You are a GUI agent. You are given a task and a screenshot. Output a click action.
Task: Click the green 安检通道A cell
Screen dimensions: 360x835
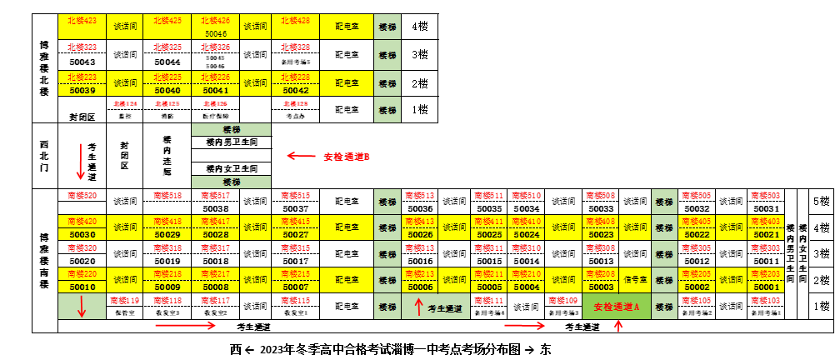click(x=617, y=306)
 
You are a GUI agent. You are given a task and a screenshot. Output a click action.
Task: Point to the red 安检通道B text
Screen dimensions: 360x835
click(x=347, y=157)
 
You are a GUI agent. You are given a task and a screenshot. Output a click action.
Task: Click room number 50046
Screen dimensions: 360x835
click(x=215, y=33)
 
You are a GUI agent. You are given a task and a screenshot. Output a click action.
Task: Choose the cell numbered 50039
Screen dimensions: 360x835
click(x=82, y=90)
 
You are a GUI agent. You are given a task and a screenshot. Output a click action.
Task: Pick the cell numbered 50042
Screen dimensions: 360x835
click(x=296, y=90)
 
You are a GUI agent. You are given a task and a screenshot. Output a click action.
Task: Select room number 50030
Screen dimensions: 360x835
click(x=82, y=234)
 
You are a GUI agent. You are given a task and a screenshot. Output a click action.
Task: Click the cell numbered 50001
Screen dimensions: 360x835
click(x=766, y=287)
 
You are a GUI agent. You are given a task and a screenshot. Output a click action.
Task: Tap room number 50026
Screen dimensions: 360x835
click(x=420, y=234)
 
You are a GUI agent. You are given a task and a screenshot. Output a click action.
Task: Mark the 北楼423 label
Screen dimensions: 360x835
click(x=82, y=20)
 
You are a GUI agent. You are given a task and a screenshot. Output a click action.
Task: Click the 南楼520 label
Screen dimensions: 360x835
click(x=82, y=196)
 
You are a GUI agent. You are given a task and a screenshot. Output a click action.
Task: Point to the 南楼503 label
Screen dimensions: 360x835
click(x=766, y=196)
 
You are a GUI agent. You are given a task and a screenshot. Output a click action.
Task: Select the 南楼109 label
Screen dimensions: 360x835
click(x=564, y=300)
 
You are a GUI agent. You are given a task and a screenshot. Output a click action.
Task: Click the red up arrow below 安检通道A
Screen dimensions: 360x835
click(x=618, y=326)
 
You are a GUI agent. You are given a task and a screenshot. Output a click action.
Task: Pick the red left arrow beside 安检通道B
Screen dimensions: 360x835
click(x=301, y=156)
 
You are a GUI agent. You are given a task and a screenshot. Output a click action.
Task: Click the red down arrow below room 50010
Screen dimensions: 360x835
click(x=82, y=306)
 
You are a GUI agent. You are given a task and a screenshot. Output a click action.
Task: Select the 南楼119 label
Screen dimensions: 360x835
click(x=124, y=300)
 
